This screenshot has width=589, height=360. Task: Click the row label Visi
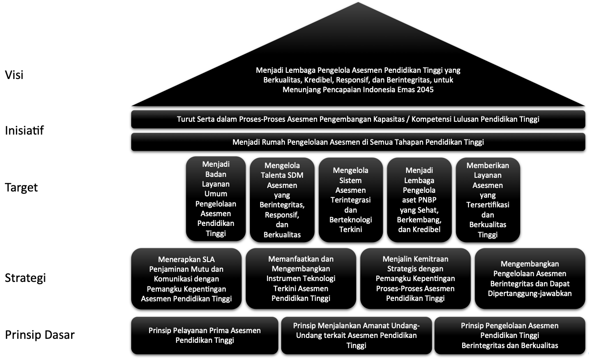tap(14, 75)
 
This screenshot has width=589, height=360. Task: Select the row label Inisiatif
tap(24, 131)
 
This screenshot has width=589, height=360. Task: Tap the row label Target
tap(21, 187)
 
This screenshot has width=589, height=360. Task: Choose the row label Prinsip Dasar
tap(40, 335)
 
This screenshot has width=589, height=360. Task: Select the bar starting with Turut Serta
tap(358, 119)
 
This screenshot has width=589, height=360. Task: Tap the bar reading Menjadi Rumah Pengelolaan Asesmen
tap(358, 142)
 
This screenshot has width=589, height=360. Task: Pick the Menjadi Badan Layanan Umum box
tap(216, 199)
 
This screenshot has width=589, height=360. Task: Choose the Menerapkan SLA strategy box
tap(186, 278)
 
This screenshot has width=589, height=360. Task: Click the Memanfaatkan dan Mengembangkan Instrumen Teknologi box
tap(301, 278)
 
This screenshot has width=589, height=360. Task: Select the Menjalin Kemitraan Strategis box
tap(415, 278)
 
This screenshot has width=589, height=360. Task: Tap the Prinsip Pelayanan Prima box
tap(204, 335)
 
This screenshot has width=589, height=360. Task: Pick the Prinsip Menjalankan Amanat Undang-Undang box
tap(356, 335)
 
